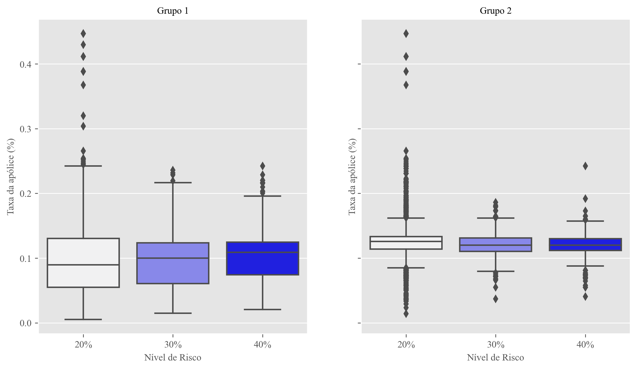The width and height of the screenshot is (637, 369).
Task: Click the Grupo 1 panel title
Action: [173, 11]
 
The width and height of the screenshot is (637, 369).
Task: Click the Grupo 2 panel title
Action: [495, 11]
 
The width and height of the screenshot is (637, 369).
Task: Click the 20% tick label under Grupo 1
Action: [83, 345]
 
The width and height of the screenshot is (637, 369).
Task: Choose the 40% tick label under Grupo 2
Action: [585, 345]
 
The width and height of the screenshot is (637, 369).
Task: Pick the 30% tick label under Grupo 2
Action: [495, 345]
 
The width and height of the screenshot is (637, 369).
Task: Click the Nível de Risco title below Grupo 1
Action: [173, 358]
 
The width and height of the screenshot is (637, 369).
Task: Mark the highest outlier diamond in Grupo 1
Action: [83, 34]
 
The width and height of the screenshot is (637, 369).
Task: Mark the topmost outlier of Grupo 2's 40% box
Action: [585, 166]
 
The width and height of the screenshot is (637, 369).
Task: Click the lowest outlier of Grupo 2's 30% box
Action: [495, 299]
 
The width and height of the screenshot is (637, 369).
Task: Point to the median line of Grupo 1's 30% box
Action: [173, 258]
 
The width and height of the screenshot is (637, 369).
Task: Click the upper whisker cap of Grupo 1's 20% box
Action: [83, 166]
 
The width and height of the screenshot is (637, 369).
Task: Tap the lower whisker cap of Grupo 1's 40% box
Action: [263, 309]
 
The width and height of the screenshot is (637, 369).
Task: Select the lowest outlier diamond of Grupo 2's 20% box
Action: [406, 314]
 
